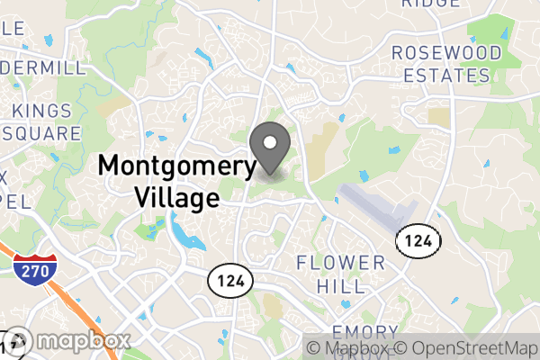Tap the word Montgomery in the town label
(177, 166)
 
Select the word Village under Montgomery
(175, 196)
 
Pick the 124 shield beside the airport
(418, 240)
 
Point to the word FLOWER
(341, 264)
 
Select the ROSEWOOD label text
(446, 53)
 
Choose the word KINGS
(41, 111)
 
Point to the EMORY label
(365, 332)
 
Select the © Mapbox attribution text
(349, 348)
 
